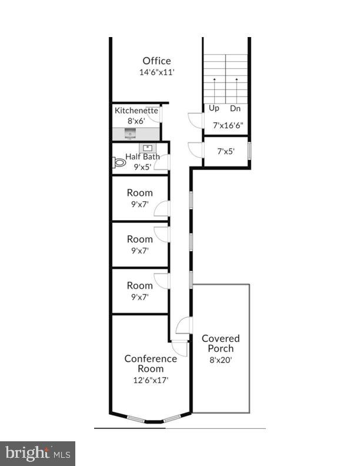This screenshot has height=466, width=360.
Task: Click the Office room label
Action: click(x=156, y=61)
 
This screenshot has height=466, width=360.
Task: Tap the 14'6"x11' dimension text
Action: click(x=156, y=72)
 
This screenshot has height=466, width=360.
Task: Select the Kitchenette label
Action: click(x=136, y=110)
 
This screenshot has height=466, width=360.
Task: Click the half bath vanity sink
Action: click(x=146, y=148)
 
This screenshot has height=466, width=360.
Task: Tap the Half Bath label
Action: click(x=142, y=157)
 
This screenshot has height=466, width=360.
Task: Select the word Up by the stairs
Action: click(x=214, y=108)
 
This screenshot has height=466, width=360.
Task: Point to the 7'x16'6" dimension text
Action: click(x=228, y=125)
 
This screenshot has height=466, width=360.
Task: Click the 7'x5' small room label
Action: click(x=226, y=151)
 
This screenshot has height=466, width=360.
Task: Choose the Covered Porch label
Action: click(x=221, y=344)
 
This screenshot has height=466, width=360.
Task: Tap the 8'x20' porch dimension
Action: click(x=221, y=360)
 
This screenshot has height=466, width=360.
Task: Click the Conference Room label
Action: click(x=151, y=364)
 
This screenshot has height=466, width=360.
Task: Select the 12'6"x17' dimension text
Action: click(x=151, y=380)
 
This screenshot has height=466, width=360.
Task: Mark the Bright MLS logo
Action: click(x=38, y=453)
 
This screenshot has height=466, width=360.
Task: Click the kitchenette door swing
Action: click(x=155, y=115)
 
